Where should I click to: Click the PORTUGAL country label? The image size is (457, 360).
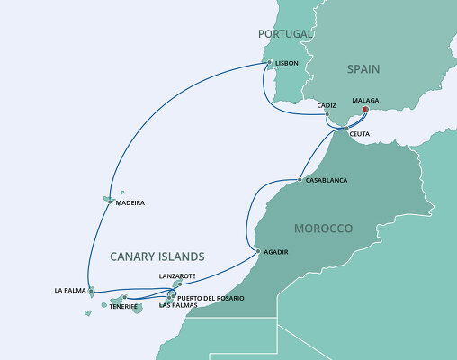click(x=283, y=34)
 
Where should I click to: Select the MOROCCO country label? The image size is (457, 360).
click(x=322, y=229)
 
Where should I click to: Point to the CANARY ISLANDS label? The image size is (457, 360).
click(x=157, y=256)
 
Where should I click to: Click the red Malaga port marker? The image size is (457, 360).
click(x=365, y=111)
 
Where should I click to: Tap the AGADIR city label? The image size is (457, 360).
click(x=276, y=252)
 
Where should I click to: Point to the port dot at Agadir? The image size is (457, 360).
click(x=257, y=251)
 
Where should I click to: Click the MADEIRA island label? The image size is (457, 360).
click(x=130, y=203)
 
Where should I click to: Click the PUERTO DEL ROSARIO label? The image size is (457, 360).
click(x=211, y=297)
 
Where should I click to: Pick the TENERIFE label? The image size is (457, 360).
click(x=123, y=306)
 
